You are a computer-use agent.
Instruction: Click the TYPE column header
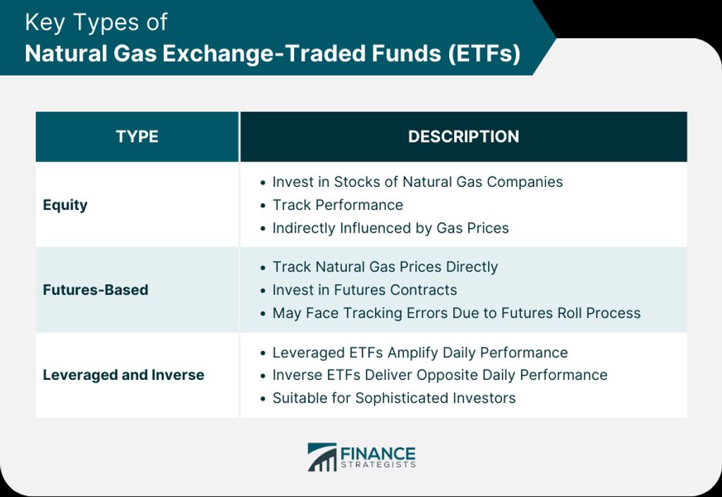point(137,137)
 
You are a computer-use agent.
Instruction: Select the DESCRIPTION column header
point(463,137)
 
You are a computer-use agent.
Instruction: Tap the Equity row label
point(65,205)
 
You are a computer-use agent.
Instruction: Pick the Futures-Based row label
point(95,290)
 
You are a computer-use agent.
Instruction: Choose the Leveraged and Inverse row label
point(123,375)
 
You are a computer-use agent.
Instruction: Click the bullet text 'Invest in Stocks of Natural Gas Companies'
point(417,182)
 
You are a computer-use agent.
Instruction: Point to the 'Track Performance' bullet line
point(338,205)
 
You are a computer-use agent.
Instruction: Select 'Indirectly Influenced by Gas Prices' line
point(391,228)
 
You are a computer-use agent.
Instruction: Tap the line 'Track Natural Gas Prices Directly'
point(385,267)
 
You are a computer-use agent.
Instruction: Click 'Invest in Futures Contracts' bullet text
point(365,290)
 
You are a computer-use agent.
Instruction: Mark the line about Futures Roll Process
point(456,314)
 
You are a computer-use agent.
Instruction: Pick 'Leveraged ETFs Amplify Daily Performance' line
point(420,353)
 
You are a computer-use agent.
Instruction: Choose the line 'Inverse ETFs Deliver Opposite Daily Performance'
point(440,375)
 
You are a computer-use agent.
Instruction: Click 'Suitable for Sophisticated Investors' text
point(393,398)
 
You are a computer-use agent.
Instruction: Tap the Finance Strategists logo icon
point(322,457)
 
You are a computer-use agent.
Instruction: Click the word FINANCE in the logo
point(378,454)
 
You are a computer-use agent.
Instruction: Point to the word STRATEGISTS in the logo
point(378,465)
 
